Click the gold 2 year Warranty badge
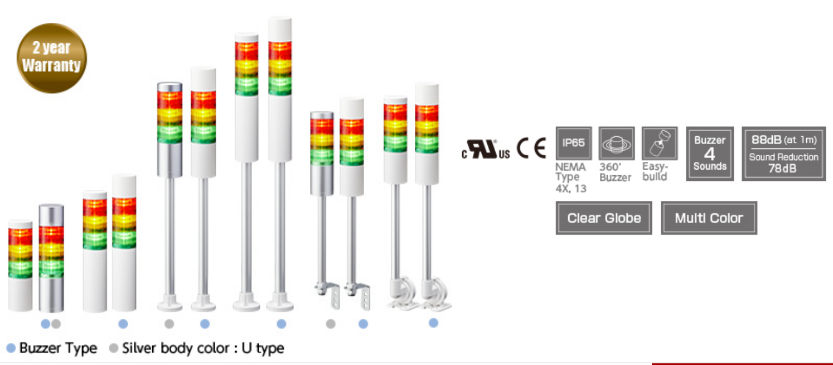click(x=51, y=57)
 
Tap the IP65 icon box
click(x=573, y=143)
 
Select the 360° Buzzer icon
click(x=616, y=143)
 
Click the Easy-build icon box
click(x=659, y=143)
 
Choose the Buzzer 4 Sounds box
click(x=709, y=153)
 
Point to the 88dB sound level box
click(x=783, y=153)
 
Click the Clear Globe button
click(x=603, y=218)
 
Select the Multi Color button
click(x=709, y=218)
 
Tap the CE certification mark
click(x=531, y=149)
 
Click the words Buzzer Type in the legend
click(x=58, y=348)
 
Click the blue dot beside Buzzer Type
click(x=11, y=348)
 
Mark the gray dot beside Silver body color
click(x=114, y=348)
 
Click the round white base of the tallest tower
click(x=280, y=305)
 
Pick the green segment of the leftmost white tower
click(x=20, y=268)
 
